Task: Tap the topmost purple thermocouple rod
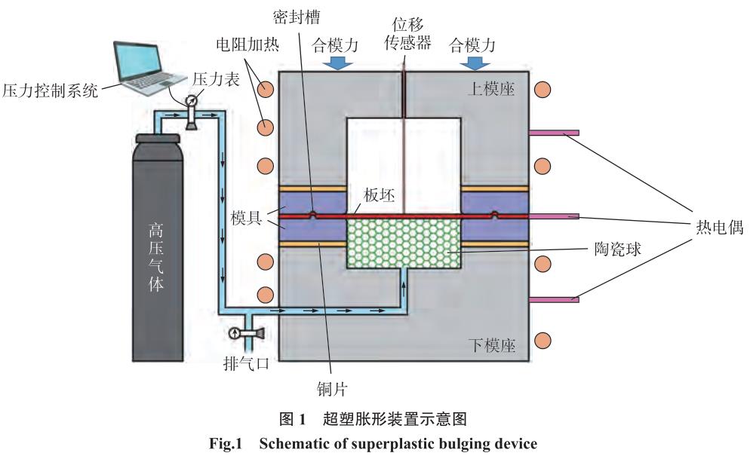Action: click(554, 133)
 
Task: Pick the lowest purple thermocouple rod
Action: click(554, 299)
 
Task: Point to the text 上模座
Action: click(496, 89)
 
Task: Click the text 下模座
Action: click(496, 346)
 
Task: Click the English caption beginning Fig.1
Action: click(375, 443)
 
